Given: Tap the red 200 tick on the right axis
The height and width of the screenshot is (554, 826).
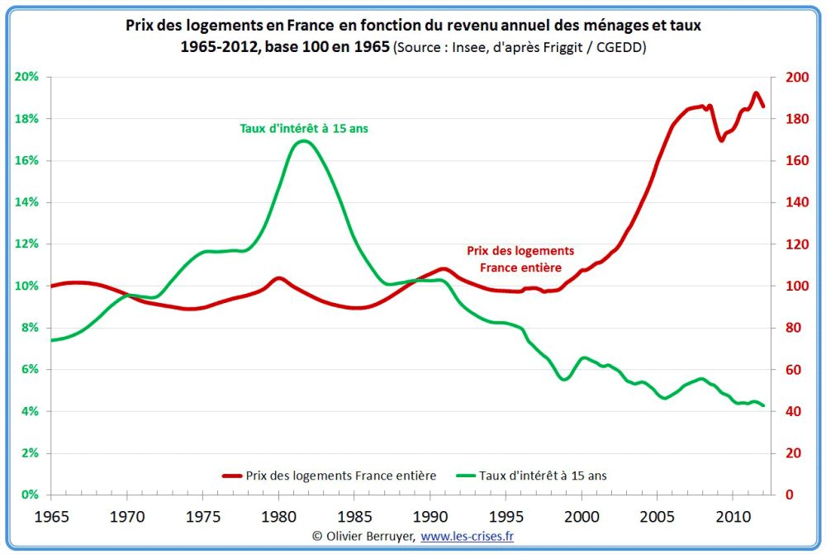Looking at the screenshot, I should (795, 78).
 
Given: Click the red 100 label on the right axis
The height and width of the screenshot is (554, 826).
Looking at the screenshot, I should (795, 286).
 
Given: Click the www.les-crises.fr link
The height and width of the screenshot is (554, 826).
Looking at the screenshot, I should (468, 537).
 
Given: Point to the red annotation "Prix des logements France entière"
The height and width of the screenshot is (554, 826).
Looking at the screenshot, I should (520, 259).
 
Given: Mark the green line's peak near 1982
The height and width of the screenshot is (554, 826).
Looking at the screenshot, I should (304, 140).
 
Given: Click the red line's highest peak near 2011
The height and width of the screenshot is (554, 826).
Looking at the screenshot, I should (756, 93).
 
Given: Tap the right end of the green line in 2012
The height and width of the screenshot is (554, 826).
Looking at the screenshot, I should (763, 405).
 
